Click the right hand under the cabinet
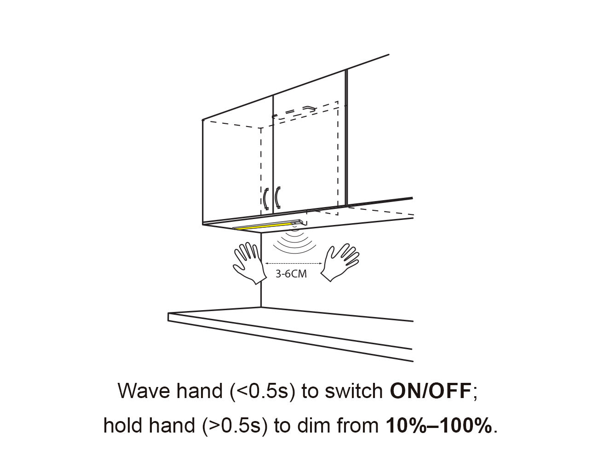pos(339,263)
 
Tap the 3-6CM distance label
pos(291,274)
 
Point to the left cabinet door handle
pos(265,198)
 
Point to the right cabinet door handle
pos(277,197)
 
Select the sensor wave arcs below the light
pos(293,243)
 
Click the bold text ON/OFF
pos(430,391)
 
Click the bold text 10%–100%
pos(439,426)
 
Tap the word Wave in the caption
pos(144,391)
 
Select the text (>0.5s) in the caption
pos(235,426)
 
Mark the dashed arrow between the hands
pos(293,264)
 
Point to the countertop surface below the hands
pos(294,324)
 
